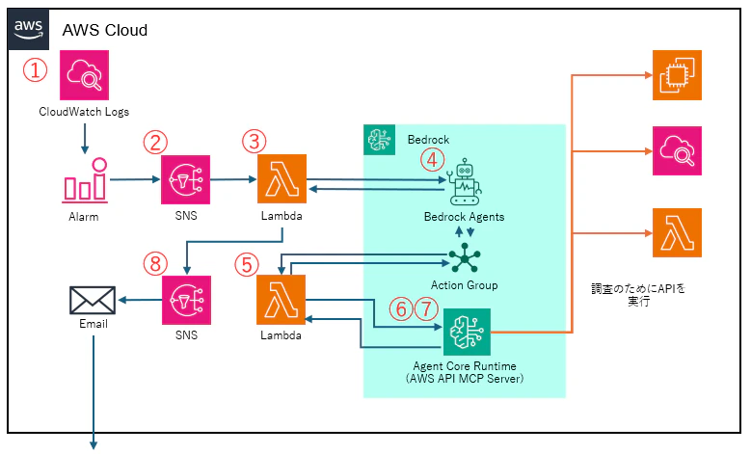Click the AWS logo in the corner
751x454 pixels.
click(29, 29)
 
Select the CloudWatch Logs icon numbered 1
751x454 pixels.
click(84, 75)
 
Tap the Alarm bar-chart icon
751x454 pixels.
click(86, 180)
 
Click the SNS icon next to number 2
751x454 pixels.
click(185, 179)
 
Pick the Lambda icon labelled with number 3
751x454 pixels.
click(282, 178)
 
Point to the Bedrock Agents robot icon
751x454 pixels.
click(464, 182)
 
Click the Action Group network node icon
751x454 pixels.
click(464, 258)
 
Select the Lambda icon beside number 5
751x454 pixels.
click(282, 300)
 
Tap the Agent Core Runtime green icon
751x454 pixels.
click(467, 333)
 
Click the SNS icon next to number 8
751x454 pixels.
click(186, 301)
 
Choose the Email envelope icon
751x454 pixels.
click(93, 301)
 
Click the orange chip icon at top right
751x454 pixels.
click(677, 75)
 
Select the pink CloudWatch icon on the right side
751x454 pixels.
click(677, 151)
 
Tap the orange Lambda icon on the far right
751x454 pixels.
click(677, 232)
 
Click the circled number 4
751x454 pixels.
click(433, 159)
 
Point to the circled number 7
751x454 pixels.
click(426, 308)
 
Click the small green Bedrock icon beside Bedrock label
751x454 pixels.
click(379, 140)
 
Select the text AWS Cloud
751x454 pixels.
click(105, 30)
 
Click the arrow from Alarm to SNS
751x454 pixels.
click(135, 179)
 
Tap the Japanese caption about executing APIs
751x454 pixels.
click(638, 295)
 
